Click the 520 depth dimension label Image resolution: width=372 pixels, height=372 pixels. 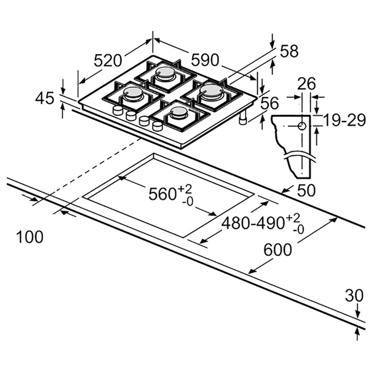(x=108, y=60)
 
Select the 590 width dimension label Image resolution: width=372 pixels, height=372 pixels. (x=205, y=60)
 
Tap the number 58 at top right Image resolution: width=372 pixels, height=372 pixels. (x=289, y=51)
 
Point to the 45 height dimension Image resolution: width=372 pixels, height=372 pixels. (x=45, y=99)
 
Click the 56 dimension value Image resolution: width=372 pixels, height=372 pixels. (x=269, y=103)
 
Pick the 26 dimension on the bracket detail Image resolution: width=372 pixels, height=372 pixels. (x=307, y=84)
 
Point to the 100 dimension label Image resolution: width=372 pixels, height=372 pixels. (x=29, y=237)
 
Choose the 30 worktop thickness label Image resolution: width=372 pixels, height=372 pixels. (x=354, y=296)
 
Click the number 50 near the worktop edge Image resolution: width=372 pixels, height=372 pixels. (x=306, y=191)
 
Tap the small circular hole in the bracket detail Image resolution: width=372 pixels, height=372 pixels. (x=302, y=126)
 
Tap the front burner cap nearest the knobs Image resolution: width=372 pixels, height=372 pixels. (x=179, y=111)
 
